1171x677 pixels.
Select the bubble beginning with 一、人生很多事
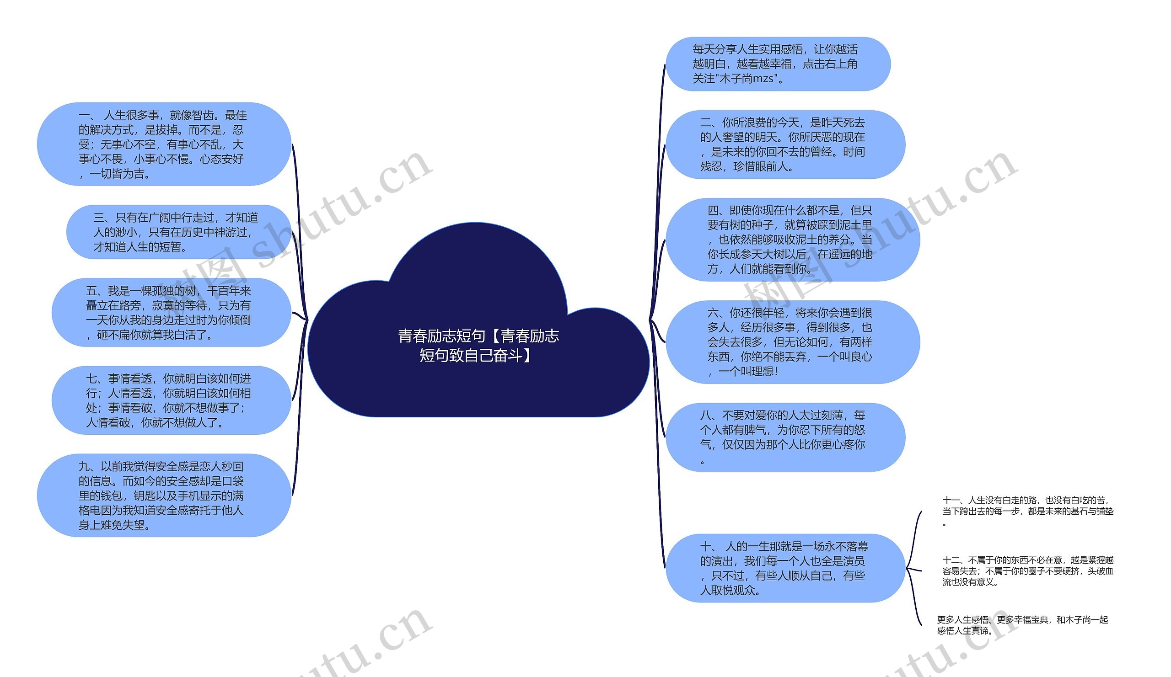pyautogui.click(x=164, y=144)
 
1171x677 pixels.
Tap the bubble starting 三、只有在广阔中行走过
pyautogui.click(x=178, y=232)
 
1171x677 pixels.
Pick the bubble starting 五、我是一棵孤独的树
pyautogui.click(x=171, y=313)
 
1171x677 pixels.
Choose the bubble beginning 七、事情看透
pyautogui.click(x=171, y=400)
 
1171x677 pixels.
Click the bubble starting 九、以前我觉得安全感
pyautogui.click(x=164, y=496)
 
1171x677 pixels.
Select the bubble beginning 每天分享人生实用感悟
pyautogui.click(x=778, y=64)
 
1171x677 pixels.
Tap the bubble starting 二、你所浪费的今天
pyautogui.click(x=785, y=144)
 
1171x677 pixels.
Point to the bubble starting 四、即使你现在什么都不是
pyautogui.click(x=793, y=240)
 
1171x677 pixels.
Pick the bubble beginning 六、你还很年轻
pyautogui.click(x=793, y=342)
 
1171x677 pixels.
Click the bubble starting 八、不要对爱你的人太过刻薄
pyautogui.click(x=785, y=437)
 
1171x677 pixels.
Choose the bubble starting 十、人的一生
pyautogui.click(x=785, y=568)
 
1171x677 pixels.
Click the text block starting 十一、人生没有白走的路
pyautogui.click(x=1027, y=511)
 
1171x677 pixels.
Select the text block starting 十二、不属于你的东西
pyautogui.click(x=1027, y=570)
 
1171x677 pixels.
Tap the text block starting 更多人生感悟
pyautogui.click(x=1022, y=625)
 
